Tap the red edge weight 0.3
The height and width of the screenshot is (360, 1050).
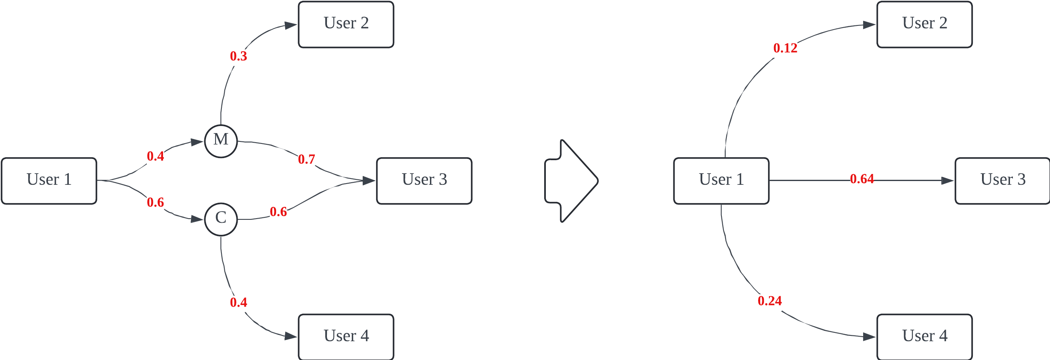(x=239, y=56)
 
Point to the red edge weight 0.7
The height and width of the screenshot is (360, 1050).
(x=306, y=159)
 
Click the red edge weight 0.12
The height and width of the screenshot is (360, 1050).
(x=785, y=48)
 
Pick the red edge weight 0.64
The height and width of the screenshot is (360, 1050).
(x=862, y=179)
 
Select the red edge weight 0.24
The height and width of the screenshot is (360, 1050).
(x=770, y=301)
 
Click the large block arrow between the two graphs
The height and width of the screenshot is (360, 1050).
(x=572, y=181)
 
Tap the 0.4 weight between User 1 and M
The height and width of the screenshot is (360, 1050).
(x=156, y=156)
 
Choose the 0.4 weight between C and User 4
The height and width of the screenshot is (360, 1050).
(x=239, y=302)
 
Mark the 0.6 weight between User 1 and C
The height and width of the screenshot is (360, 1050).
(x=156, y=203)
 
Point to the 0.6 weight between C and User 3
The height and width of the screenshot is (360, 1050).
(x=278, y=212)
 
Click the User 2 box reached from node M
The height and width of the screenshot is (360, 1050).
(x=346, y=25)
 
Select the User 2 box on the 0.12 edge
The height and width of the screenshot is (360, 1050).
(x=924, y=25)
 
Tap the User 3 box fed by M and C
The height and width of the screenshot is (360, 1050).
(x=424, y=181)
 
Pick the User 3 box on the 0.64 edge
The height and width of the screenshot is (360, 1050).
(x=1002, y=181)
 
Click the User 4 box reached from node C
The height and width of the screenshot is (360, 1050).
(x=346, y=337)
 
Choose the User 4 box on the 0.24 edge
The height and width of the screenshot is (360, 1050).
(x=924, y=337)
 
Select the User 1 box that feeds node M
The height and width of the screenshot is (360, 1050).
(x=49, y=181)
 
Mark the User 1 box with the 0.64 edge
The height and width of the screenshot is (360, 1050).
(x=721, y=181)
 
